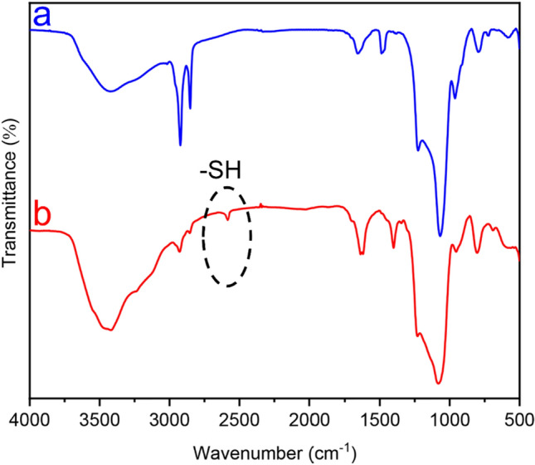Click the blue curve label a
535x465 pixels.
[41, 14]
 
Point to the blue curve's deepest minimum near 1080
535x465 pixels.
[440, 235]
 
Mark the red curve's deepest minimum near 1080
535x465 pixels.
[439, 384]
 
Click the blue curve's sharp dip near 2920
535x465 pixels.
[181, 144]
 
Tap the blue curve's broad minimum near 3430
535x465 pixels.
[108, 91]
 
